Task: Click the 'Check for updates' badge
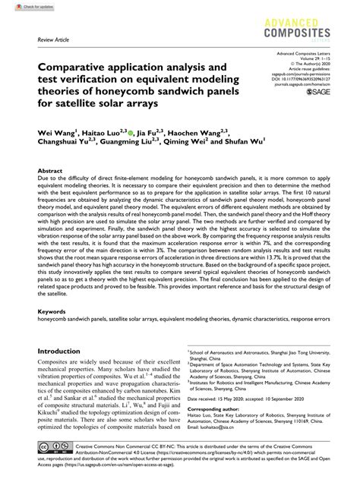pos(24,5)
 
